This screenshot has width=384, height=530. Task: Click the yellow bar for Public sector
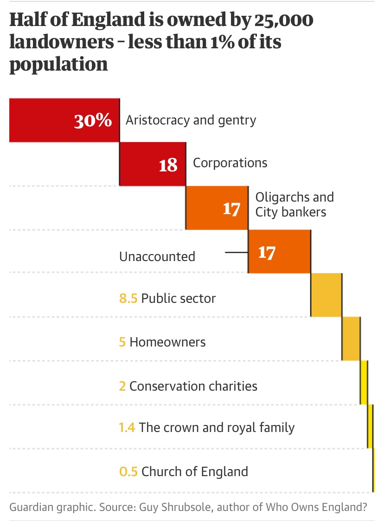tap(326, 295)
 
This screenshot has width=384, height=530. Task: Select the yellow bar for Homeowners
tap(351, 339)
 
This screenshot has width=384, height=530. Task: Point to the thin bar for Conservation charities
tap(364, 382)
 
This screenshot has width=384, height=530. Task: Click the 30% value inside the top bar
tap(93, 121)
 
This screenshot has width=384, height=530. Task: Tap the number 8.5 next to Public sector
tap(128, 298)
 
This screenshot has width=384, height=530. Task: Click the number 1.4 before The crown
tap(127, 427)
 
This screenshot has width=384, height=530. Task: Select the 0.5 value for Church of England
tap(128, 472)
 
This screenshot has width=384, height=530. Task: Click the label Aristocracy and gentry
tap(191, 120)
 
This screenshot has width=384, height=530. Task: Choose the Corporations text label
tap(230, 163)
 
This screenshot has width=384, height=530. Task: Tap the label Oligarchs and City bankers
tap(294, 204)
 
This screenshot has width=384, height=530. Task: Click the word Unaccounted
tap(157, 256)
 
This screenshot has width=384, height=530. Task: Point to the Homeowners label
tap(167, 342)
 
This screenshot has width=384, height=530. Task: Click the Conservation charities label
tap(193, 386)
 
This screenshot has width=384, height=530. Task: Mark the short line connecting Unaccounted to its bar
tap(236, 253)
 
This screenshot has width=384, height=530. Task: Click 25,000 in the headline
tap(283, 21)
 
